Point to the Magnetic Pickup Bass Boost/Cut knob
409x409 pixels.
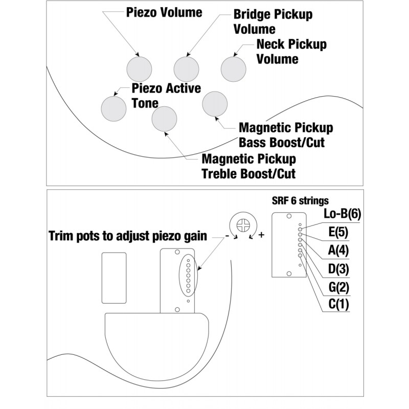[215, 105]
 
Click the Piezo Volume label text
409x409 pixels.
[164, 12]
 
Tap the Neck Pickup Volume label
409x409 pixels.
[291, 51]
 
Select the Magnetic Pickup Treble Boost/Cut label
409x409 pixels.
[249, 166]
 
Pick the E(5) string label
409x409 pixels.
[337, 232]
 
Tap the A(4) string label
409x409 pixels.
[337, 251]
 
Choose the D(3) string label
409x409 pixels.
[337, 268]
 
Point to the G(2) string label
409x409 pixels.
[337, 287]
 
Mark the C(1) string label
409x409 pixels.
[337, 305]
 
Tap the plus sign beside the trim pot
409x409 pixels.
[262, 235]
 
